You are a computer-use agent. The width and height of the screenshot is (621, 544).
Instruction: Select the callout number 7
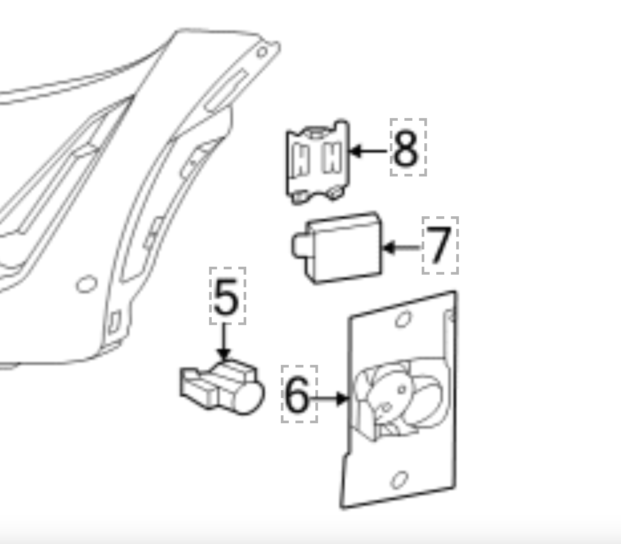pyautogui.click(x=439, y=245)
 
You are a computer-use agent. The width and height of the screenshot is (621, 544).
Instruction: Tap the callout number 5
pyautogui.click(x=227, y=296)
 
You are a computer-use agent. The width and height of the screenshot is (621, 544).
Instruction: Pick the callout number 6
pyautogui.click(x=297, y=395)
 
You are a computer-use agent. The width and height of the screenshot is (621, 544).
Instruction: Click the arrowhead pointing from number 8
pyautogui.click(x=355, y=151)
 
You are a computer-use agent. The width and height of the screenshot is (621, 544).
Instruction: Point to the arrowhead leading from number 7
pyautogui.click(x=389, y=247)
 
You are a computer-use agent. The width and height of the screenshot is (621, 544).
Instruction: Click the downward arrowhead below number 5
pyautogui.click(x=224, y=355)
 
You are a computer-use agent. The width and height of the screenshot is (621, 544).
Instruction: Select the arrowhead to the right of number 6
pyautogui.click(x=342, y=398)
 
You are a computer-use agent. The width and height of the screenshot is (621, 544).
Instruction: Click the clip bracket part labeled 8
pyautogui.click(x=318, y=162)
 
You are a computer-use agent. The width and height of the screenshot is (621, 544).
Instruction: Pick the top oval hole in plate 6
pyautogui.click(x=403, y=319)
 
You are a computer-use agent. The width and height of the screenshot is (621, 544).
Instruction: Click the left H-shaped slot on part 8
pyautogui.click(x=301, y=160)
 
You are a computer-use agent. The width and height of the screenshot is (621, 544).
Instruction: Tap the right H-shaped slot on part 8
pyautogui.click(x=332, y=157)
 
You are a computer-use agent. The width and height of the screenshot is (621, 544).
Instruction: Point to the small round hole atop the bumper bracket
pyautogui.click(x=262, y=52)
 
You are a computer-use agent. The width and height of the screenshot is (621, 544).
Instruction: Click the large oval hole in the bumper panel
pyautogui.click(x=87, y=284)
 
